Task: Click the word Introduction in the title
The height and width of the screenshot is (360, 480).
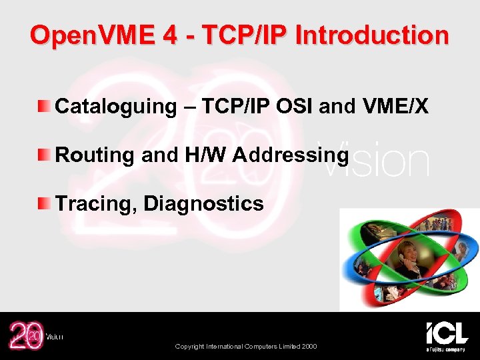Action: pyautogui.click(x=372, y=35)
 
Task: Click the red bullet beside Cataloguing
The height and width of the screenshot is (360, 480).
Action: pyautogui.click(x=43, y=105)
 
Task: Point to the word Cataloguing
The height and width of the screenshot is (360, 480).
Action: pyautogui.click(x=115, y=106)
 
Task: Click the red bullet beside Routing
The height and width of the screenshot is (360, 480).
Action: pyautogui.click(x=43, y=155)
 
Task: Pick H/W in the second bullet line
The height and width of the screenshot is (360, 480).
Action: pyautogui.click(x=204, y=155)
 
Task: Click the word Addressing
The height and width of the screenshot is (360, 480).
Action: pyautogui.click(x=291, y=155)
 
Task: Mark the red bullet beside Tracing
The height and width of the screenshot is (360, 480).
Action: pyautogui.click(x=43, y=203)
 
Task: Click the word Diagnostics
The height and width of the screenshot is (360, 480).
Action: pyautogui.click(x=203, y=203)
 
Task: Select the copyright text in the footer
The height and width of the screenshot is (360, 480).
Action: pyautogui.click(x=245, y=346)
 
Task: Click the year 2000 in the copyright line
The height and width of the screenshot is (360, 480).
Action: pyautogui.click(x=309, y=346)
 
